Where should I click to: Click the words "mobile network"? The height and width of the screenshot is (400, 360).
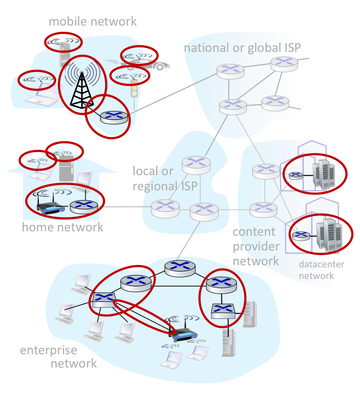(93, 21)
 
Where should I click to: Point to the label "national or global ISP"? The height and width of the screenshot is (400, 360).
(242, 48)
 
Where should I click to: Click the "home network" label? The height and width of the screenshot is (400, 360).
(63, 227)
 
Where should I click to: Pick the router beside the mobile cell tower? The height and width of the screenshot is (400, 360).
(114, 117)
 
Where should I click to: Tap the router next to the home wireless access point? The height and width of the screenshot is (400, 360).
(84, 206)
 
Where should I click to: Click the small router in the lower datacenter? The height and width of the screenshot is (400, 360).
(301, 236)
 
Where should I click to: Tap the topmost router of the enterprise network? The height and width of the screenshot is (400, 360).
(180, 268)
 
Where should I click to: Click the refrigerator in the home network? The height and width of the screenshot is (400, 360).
(66, 168)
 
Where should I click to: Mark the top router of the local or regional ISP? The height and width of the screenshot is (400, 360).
(196, 164)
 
